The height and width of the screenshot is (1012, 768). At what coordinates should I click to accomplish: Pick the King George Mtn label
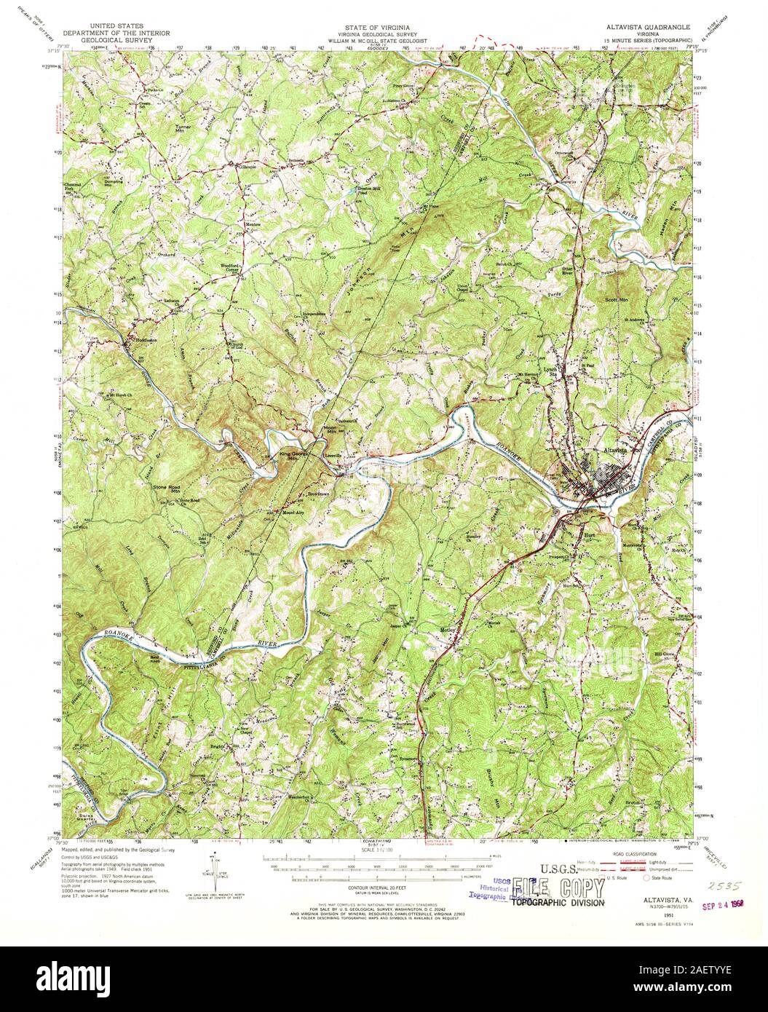290,456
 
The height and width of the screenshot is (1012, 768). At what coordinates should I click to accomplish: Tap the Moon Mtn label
330,429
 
